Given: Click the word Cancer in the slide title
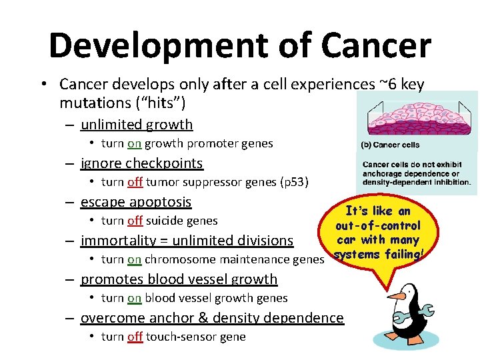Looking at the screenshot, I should pos(375,45).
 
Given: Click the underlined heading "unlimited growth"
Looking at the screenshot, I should pos(136,125).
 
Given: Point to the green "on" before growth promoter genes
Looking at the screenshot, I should pos(135,143).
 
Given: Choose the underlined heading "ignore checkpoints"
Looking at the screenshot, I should pos(141,163).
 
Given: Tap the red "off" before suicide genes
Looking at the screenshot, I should pos(135,221).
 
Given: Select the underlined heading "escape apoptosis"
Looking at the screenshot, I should pos(135,202).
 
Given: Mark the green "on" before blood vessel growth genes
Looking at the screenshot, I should pos(135,298).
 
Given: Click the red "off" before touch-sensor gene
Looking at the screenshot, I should pos(135,337).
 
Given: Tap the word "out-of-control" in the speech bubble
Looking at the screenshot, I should pos(378,226).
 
